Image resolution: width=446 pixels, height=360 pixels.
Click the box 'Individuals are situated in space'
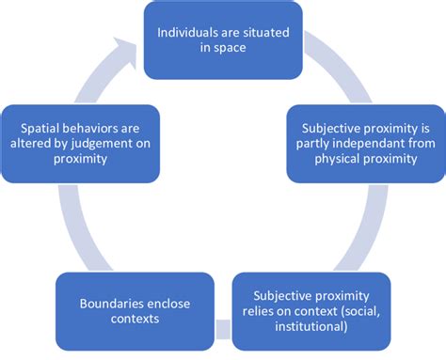[x=222, y=40]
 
